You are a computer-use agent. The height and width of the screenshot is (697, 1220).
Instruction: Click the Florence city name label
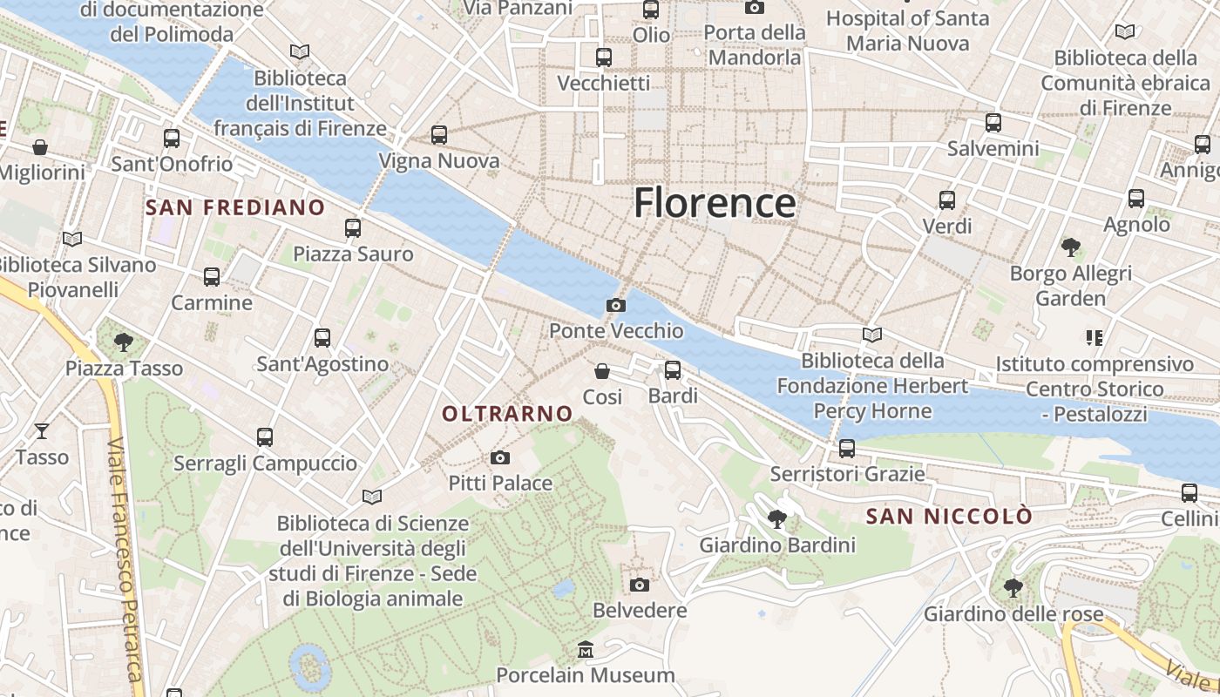[714, 203]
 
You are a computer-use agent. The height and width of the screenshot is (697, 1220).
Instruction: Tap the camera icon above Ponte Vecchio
[616, 305]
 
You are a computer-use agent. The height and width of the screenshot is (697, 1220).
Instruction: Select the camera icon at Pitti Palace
[500, 457]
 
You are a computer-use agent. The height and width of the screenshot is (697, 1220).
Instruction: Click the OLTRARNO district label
[507, 414]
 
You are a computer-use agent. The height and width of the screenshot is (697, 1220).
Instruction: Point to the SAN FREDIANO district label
[235, 207]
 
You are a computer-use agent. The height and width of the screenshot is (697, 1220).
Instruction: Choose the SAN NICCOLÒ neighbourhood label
[949, 517]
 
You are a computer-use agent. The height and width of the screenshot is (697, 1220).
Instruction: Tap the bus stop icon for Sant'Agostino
[322, 338]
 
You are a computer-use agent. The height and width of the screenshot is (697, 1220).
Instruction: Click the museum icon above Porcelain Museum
[586, 650]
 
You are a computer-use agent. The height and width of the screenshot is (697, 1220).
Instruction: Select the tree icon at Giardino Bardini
[777, 520]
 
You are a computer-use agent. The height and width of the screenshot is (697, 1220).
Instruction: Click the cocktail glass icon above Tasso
[41, 430]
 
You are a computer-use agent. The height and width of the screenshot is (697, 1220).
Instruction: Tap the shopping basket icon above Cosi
[602, 371]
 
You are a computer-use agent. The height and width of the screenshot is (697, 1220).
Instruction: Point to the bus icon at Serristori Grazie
[846, 449]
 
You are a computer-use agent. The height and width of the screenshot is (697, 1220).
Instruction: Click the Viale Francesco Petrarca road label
[124, 558]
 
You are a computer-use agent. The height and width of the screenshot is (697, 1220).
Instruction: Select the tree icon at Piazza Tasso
[124, 342]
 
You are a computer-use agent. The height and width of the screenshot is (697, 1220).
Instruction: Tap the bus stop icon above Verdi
[947, 200]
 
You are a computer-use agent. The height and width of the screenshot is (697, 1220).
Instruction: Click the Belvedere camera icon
[640, 585]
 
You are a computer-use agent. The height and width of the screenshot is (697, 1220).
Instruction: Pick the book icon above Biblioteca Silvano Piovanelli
[72, 239]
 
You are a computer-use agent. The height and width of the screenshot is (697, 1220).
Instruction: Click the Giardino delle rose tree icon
[1013, 587]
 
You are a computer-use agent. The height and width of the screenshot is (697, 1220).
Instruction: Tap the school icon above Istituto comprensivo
[1094, 337]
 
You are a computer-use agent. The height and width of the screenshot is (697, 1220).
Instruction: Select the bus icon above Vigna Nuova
[439, 135]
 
